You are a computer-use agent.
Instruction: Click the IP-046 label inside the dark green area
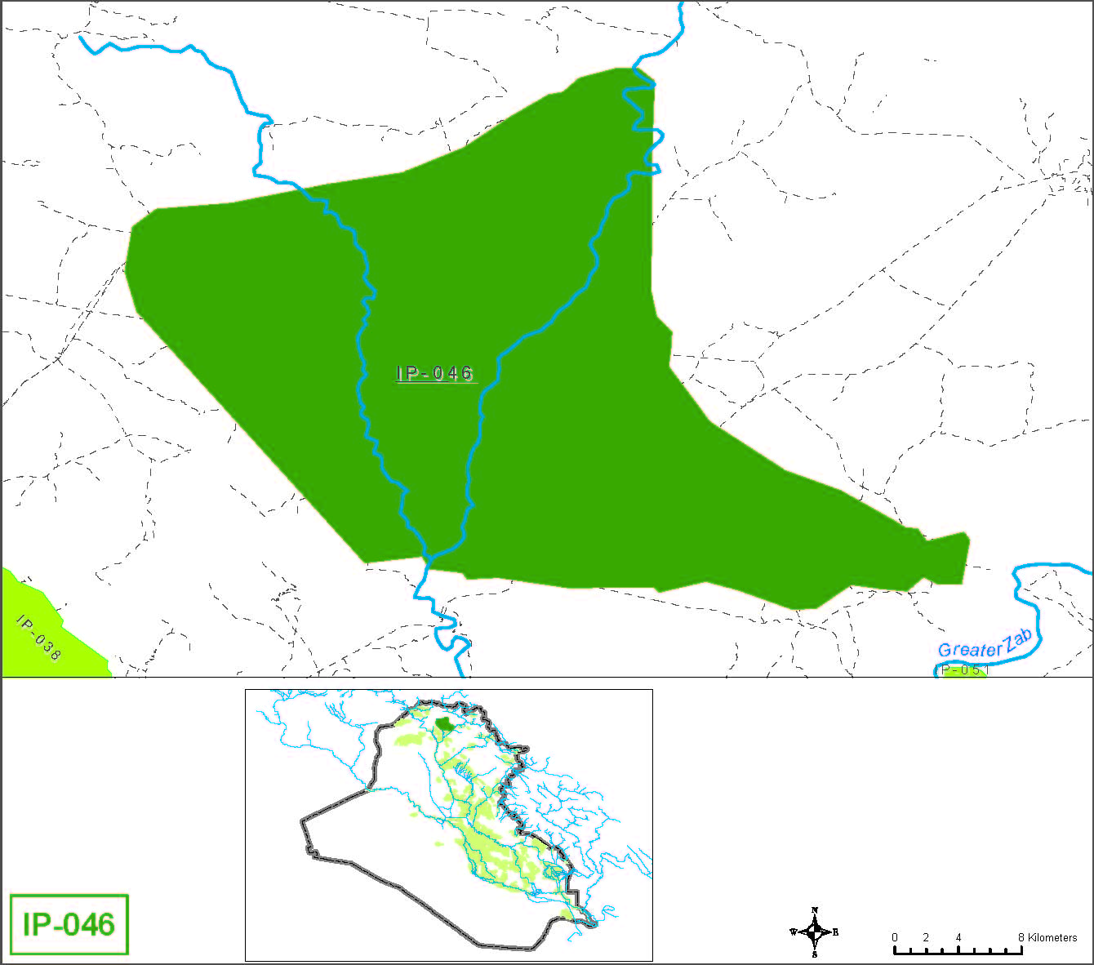[434, 373]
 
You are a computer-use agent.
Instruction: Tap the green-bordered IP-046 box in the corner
[69, 924]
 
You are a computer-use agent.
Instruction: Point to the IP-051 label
[962, 670]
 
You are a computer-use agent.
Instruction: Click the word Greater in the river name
[970, 649]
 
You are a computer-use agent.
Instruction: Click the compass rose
[815, 932]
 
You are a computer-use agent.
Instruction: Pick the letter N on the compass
[815, 910]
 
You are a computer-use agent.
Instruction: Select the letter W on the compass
[793, 932]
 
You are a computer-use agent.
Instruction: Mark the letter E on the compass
[835, 932]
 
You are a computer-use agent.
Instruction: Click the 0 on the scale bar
[895, 937]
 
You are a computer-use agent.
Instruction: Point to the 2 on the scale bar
[926, 937]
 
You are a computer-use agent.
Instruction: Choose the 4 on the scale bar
[958, 937]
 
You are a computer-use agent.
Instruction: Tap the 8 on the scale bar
[1021, 937]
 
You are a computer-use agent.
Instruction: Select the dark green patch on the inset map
[444, 723]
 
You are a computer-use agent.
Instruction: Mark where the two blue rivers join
[425, 558]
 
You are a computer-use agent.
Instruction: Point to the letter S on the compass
[815, 953]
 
